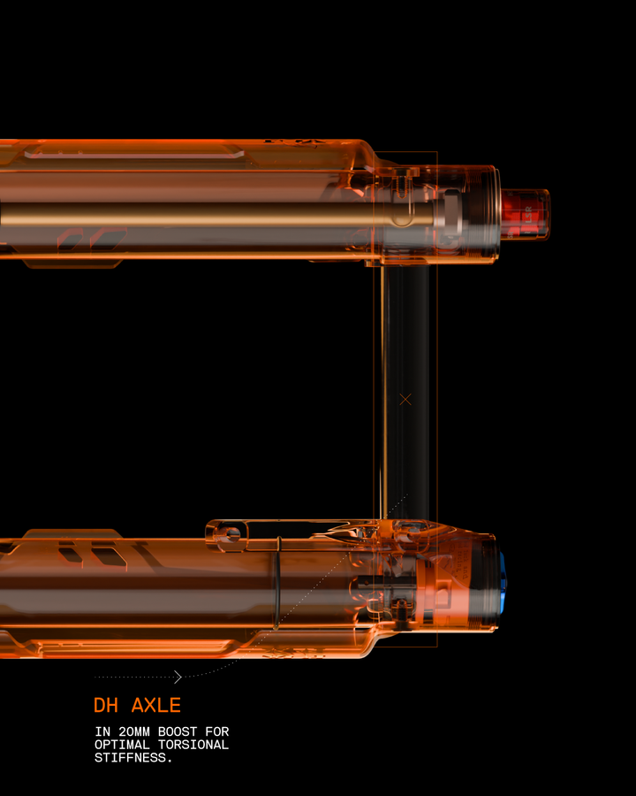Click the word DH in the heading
pyautogui.click(x=106, y=705)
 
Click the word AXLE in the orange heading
pyautogui.click(x=156, y=705)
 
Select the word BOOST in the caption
pyautogui.click(x=178, y=731)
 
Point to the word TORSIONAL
pyautogui.click(x=193, y=745)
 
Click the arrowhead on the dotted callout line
pyautogui.click(x=178, y=677)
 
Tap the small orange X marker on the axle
pyautogui.click(x=405, y=400)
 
